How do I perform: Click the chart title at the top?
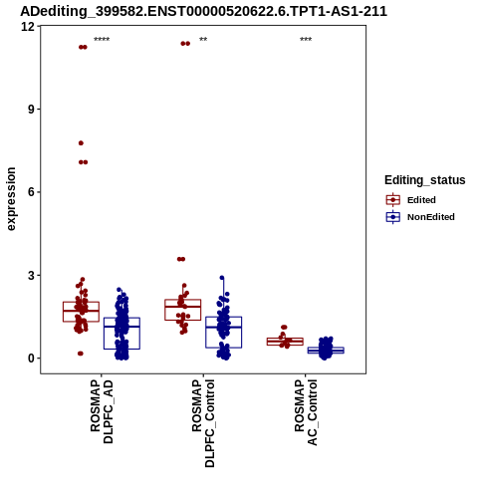[203, 11]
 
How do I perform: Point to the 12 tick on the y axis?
[28, 26]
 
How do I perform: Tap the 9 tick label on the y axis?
[32, 110]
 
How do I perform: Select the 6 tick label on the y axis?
[32, 192]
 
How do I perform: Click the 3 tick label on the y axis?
[32, 275]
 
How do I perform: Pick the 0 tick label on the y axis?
[32, 358]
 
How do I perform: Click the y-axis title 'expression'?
[11, 199]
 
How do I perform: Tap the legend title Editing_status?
[424, 180]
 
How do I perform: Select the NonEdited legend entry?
[420, 217]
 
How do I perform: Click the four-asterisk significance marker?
[102, 40]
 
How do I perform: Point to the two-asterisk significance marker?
[203, 40]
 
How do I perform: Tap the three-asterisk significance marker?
[306, 40]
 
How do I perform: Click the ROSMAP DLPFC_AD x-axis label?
[102, 412]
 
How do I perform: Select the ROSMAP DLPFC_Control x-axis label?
[203, 423]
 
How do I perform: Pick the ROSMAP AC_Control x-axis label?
[306, 412]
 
